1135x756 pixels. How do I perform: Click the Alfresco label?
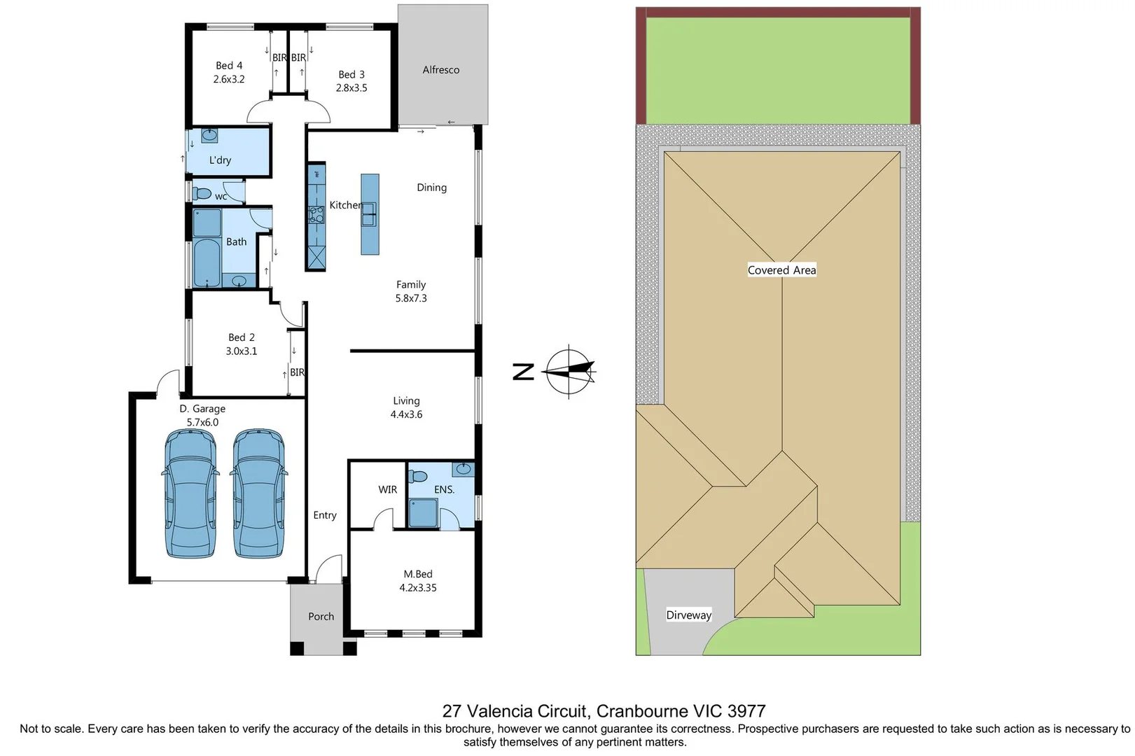click(440, 70)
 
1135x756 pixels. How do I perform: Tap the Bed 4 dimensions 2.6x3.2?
click(229, 79)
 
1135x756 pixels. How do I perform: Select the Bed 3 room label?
click(351, 74)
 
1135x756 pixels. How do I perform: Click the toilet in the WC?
click(202, 193)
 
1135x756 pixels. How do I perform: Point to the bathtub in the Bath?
click(207, 263)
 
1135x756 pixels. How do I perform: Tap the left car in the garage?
click(190, 493)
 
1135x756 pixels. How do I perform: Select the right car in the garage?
click(258, 493)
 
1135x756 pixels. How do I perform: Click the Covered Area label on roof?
click(781, 270)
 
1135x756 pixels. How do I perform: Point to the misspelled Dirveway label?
click(688, 615)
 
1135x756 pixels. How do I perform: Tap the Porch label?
click(321, 617)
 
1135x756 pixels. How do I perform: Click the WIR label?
click(387, 489)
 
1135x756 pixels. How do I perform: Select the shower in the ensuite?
click(423, 512)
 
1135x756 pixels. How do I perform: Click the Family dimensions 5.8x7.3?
click(410, 298)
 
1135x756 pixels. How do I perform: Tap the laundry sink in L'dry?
click(209, 135)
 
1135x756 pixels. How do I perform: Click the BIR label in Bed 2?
click(297, 372)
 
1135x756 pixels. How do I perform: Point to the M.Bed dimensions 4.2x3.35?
click(417, 588)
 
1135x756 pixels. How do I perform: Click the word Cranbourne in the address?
click(642, 711)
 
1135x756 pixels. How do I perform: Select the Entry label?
click(324, 515)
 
